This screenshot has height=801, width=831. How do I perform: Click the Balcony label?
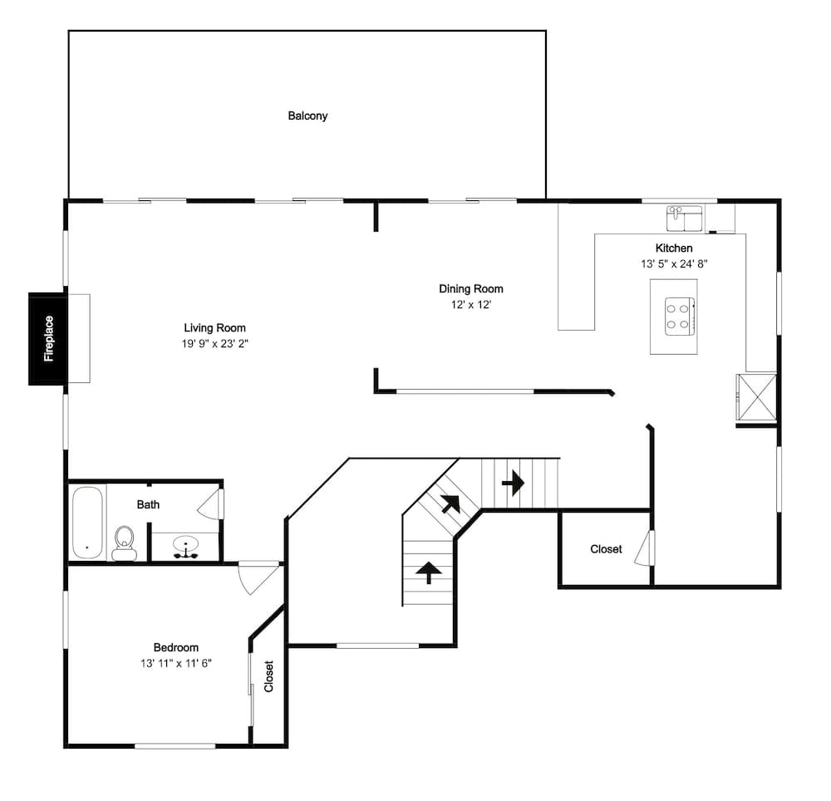click(307, 115)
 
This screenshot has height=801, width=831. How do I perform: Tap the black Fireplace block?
click(47, 338)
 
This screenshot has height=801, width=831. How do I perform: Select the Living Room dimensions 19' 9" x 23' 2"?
click(214, 344)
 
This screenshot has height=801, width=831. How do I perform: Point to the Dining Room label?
click(470, 288)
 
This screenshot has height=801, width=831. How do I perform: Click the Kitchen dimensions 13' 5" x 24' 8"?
click(674, 264)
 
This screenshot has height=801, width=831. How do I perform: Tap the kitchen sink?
click(685, 219)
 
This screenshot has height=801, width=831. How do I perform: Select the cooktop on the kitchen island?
click(680, 317)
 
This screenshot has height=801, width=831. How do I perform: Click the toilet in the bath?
click(125, 543)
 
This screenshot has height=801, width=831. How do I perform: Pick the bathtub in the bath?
click(87, 523)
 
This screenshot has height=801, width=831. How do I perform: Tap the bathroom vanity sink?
click(185, 547)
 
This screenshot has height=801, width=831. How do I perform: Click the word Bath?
click(148, 504)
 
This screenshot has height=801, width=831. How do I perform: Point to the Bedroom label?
click(176, 647)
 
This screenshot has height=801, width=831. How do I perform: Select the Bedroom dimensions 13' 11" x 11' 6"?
click(176, 663)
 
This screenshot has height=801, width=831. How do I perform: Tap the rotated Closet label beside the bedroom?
click(268, 676)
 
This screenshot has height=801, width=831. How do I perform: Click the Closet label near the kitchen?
click(606, 549)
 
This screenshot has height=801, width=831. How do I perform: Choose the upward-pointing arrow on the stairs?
click(428, 572)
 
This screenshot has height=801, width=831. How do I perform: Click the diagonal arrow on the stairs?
click(450, 504)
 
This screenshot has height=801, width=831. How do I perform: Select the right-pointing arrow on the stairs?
click(513, 483)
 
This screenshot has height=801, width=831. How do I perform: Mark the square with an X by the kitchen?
click(756, 397)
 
